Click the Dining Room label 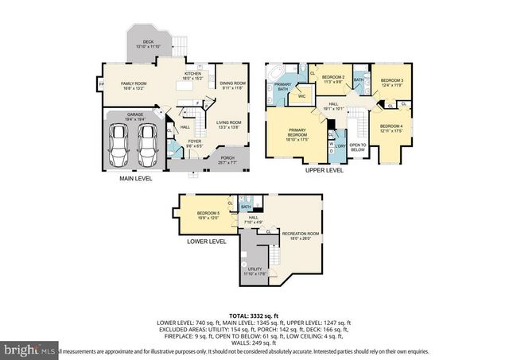232,85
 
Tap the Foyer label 195,144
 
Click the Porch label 228,161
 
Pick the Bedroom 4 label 390,128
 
